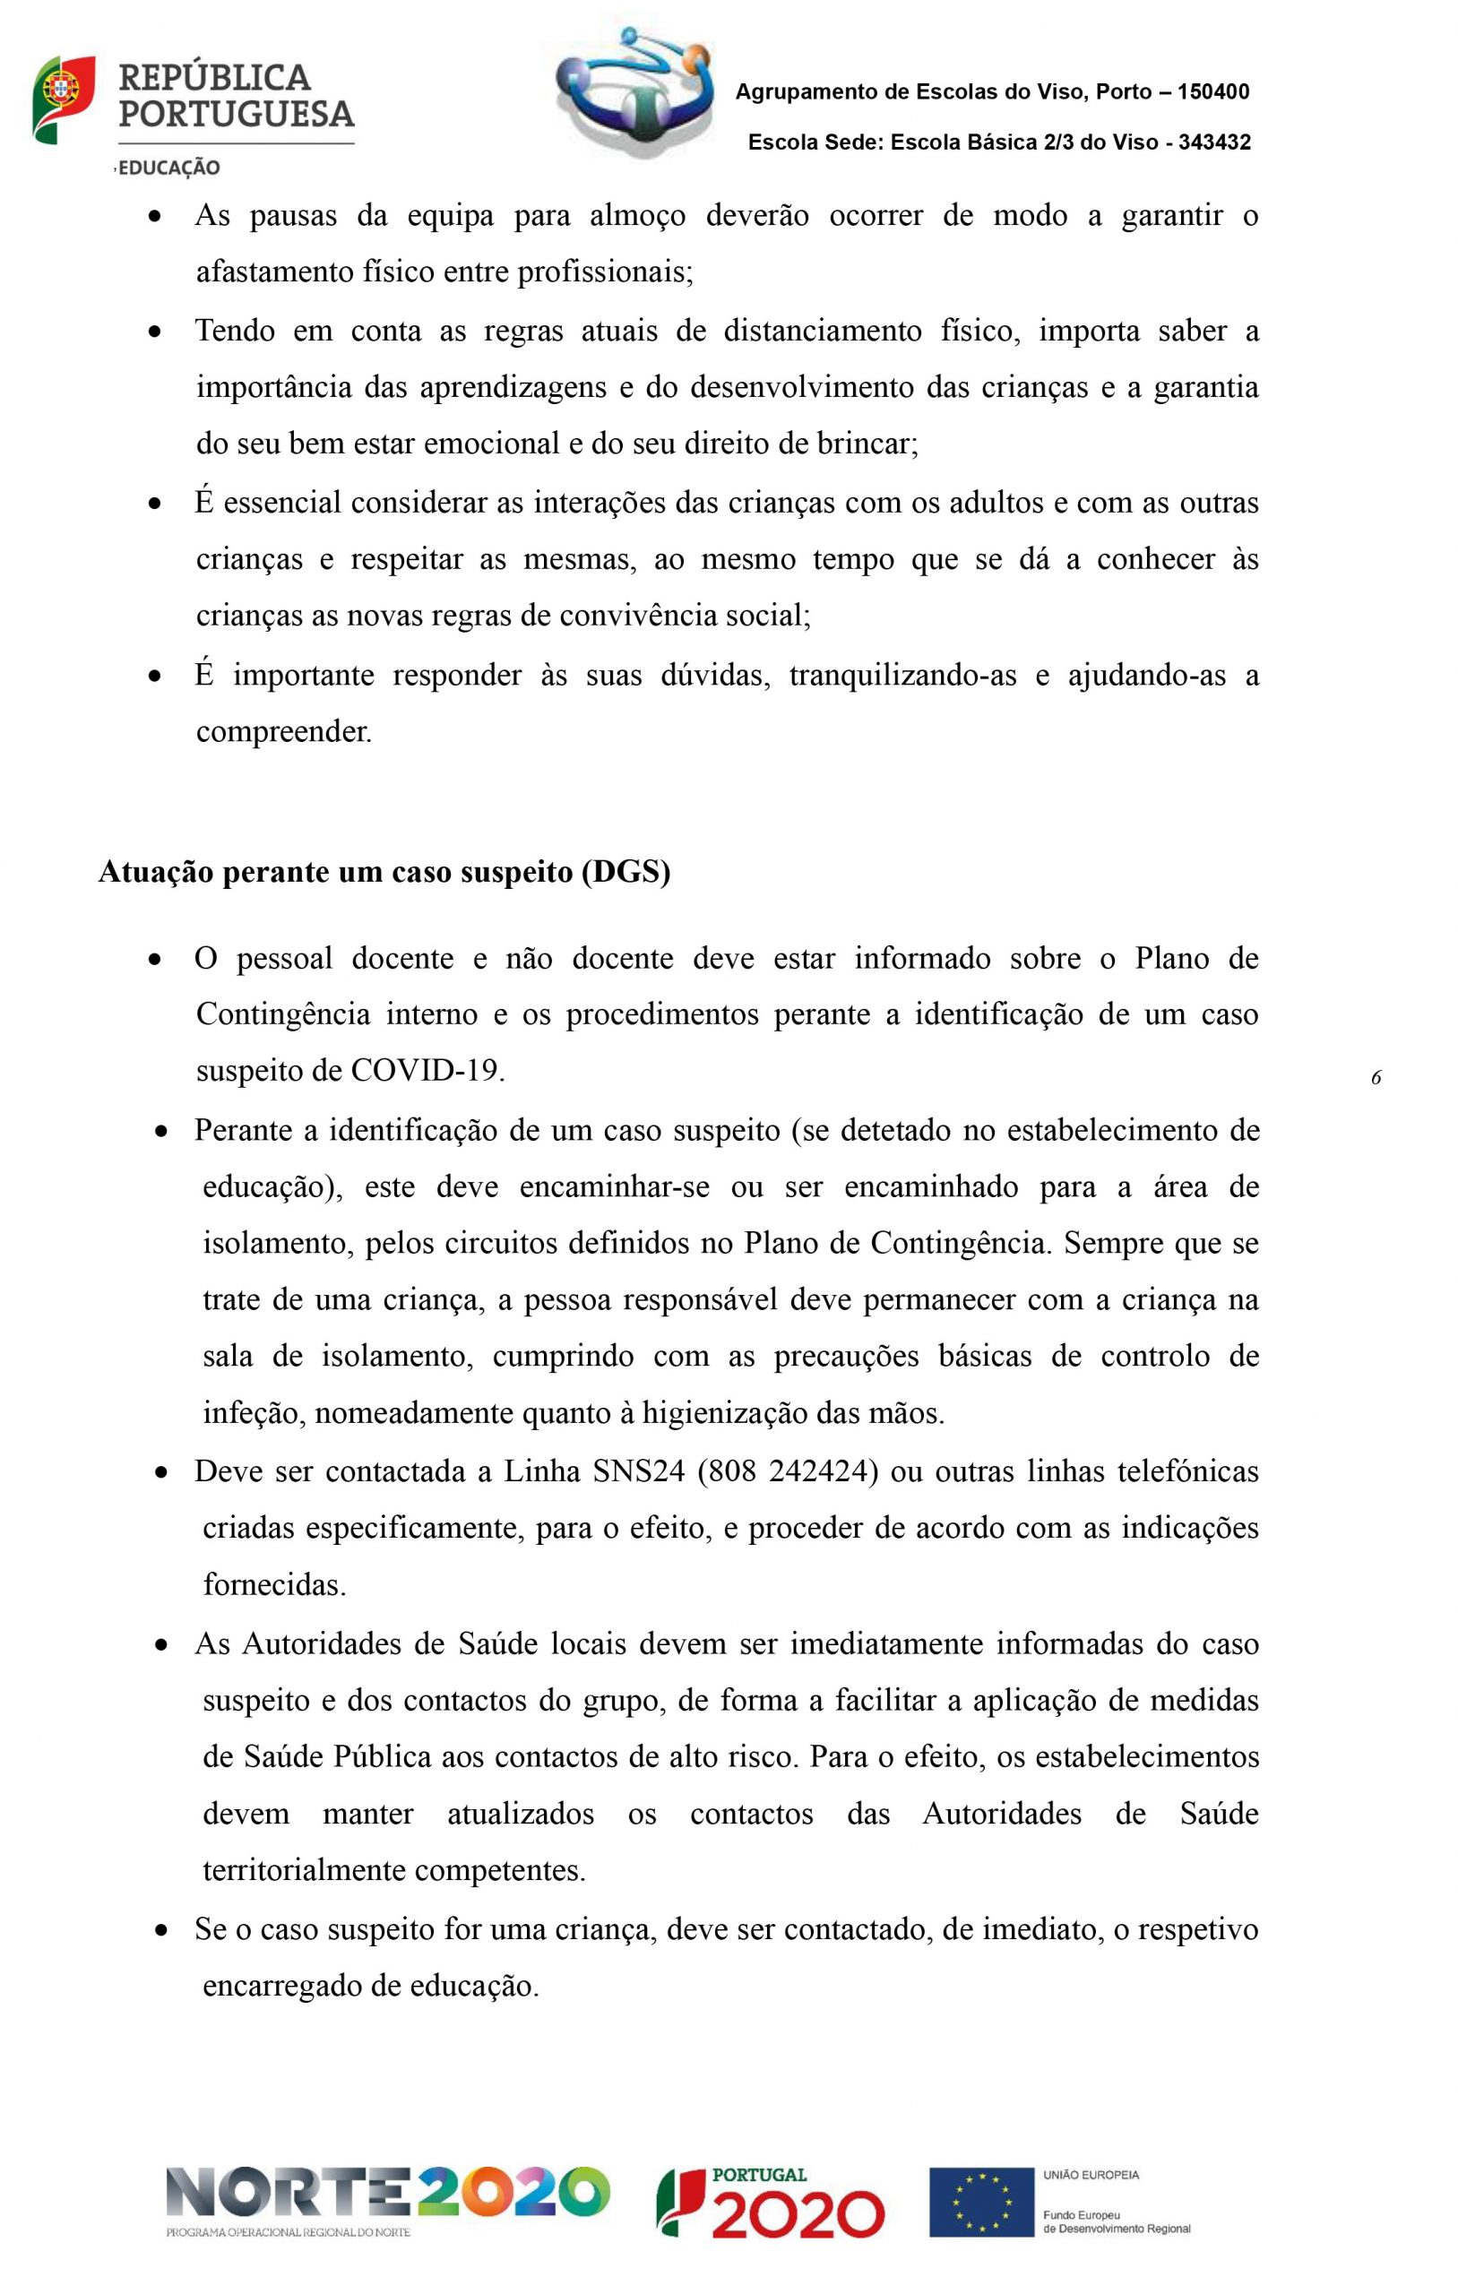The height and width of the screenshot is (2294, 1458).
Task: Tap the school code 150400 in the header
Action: point(1213,92)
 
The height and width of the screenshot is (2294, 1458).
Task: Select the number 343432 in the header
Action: point(1214,142)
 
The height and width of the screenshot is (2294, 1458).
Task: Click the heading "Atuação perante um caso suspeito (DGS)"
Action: point(384,872)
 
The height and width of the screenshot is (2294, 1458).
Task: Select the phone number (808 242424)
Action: point(787,1472)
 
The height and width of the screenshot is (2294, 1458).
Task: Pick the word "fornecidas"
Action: point(273,1585)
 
